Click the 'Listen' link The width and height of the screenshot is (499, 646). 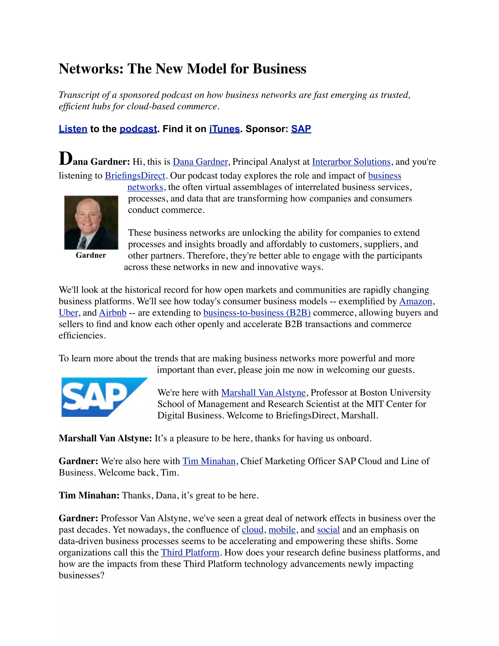73,129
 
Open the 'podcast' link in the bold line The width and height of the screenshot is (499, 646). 138,129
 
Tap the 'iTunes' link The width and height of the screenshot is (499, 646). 224,129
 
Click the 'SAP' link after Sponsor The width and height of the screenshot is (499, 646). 301,129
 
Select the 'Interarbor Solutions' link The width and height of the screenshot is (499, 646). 351,162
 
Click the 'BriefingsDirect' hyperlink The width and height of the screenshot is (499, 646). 135,176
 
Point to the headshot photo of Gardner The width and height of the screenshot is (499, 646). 91,222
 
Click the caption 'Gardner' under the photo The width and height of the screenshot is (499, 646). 91,255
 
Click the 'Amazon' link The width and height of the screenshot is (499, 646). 416,301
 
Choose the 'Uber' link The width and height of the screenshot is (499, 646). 68,313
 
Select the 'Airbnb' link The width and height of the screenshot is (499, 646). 113,313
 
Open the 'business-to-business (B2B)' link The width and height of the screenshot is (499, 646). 257,313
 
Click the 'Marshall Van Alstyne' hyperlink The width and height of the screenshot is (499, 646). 263,393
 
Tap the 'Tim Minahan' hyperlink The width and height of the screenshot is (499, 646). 209,461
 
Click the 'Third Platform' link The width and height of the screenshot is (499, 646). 190,553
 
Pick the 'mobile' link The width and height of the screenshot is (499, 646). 282,530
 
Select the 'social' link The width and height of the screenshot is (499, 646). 328,530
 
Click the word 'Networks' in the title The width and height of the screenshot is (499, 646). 91,69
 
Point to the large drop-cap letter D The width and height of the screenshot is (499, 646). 65,159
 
